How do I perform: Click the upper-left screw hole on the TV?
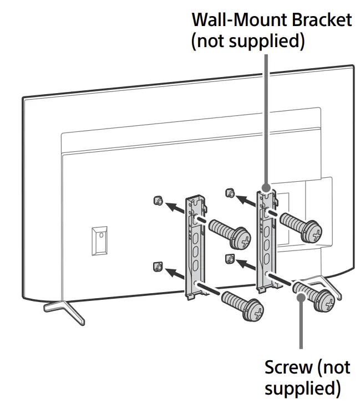158,201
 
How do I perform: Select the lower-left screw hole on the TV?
158,267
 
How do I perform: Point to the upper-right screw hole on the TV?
228,193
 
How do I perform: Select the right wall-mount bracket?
266,238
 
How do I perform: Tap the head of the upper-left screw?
242,239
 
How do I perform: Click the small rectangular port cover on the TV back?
99,240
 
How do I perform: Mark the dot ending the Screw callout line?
301,298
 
